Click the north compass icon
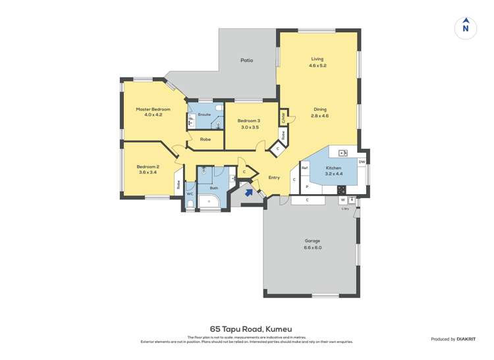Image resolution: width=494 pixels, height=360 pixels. coord(466,28)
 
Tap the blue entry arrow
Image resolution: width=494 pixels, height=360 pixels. coord(248,192)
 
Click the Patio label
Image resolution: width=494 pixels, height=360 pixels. coord(246,61)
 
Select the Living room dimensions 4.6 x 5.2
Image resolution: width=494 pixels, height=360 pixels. coord(318,66)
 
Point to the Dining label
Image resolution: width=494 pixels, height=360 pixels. coord(319,110)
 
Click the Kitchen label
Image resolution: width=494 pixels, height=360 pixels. coord(334,168)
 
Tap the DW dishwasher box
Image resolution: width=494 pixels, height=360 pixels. coord(362,162)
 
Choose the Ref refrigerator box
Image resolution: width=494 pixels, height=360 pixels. coord(305,168)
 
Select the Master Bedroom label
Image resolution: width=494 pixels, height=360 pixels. coord(153,109)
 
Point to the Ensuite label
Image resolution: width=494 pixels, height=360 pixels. coord(206,114)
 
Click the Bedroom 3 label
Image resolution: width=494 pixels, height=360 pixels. coord(248,120)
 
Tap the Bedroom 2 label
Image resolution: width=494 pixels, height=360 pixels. coord(148,167)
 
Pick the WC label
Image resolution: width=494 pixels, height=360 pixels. coord(190,194)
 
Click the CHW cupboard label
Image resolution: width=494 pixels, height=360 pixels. coord(283,118)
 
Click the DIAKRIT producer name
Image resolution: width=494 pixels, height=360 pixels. coord(466,339)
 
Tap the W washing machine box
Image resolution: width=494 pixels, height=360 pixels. coord(343,199)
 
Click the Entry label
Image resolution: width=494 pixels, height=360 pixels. coord(274,178)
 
